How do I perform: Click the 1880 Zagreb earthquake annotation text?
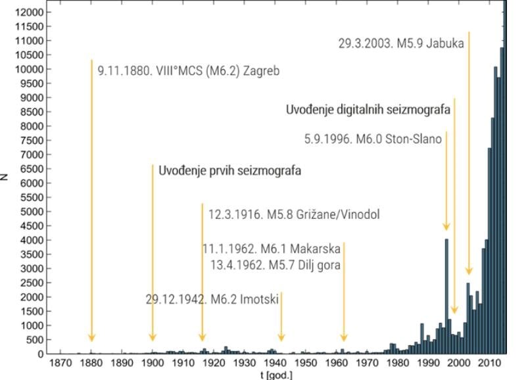coord(189,70)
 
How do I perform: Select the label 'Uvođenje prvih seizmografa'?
coord(229,171)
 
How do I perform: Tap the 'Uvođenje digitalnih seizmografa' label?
coord(368,110)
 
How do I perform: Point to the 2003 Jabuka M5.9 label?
coord(401,43)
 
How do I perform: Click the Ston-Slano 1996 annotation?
coord(373,139)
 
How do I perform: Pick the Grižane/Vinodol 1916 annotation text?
coord(294,214)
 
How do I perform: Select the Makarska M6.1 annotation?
coord(271,249)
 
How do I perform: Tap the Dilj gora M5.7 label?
coord(275,265)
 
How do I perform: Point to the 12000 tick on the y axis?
coord(30,12)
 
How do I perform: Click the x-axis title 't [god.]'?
coord(276,375)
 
